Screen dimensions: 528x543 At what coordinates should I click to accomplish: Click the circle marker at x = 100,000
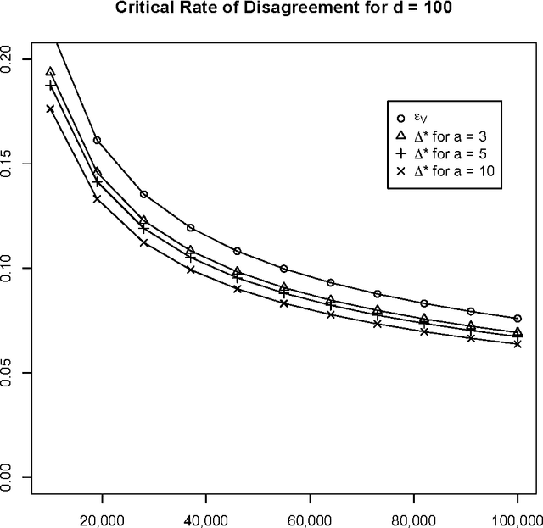(x=517, y=319)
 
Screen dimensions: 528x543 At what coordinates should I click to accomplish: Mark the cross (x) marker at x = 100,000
(x=517, y=344)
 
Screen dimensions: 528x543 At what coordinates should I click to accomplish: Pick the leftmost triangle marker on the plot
(x=50, y=72)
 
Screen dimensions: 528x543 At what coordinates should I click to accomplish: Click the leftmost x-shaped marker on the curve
(x=50, y=109)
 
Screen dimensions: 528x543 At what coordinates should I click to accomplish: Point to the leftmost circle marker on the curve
(x=97, y=140)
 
